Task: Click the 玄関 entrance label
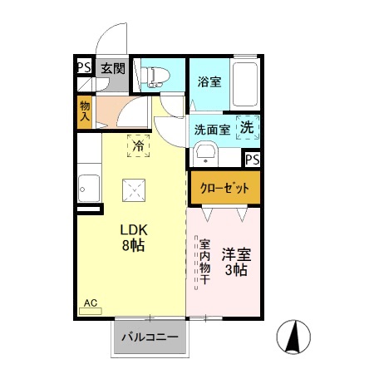(111, 69)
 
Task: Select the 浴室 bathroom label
(209, 81)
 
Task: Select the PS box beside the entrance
(84, 68)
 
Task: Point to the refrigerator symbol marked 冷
(139, 145)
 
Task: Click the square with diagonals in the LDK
(133, 191)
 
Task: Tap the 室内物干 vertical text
(204, 263)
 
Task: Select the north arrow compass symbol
(293, 336)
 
